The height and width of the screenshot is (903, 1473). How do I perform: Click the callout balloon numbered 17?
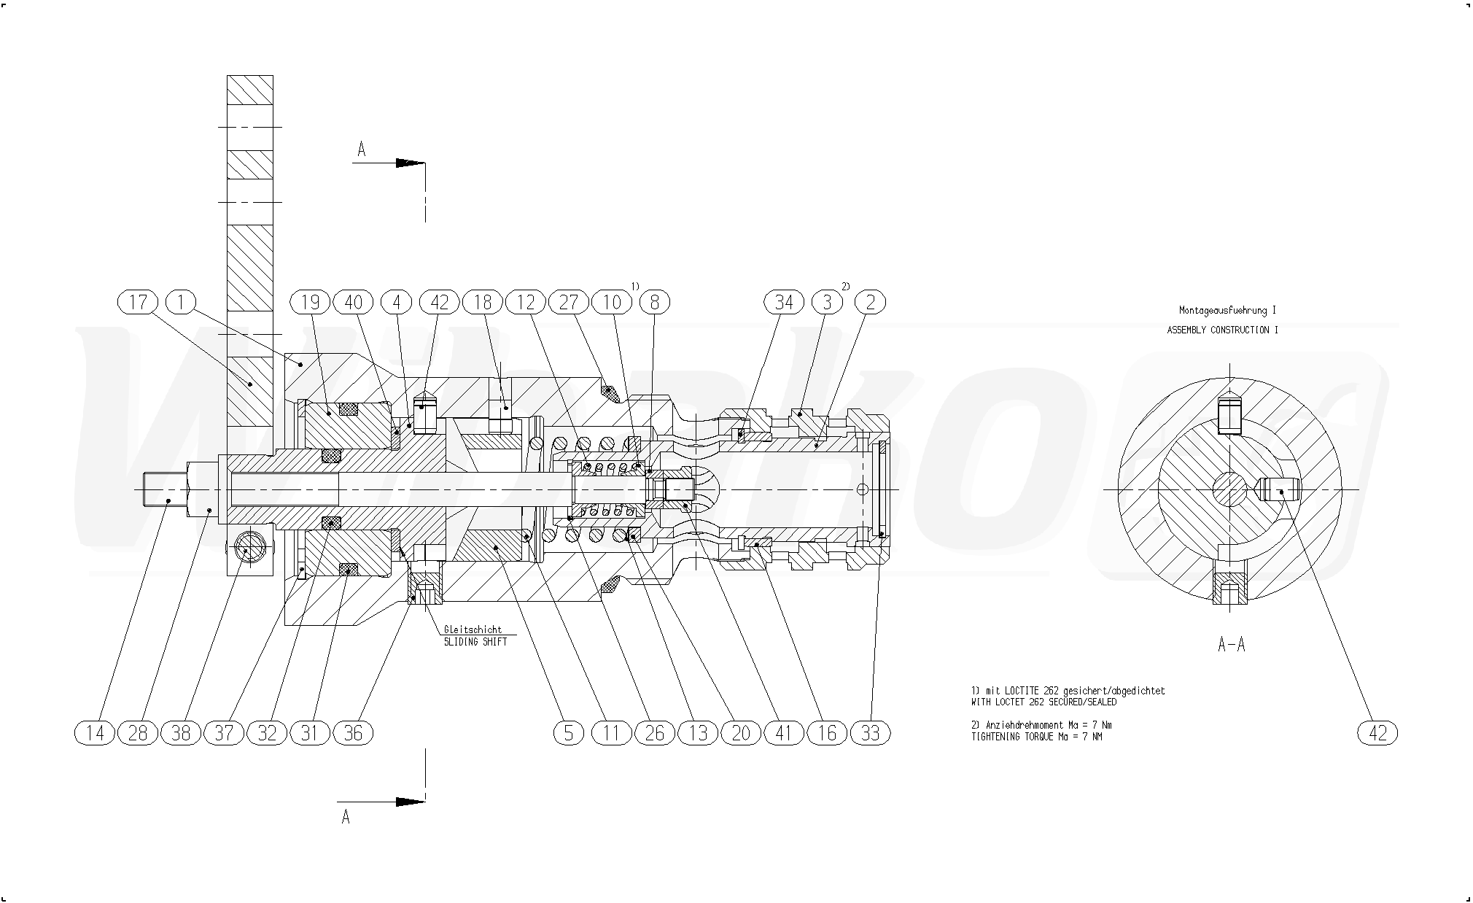(138, 302)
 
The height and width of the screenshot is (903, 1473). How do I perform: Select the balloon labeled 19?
(311, 302)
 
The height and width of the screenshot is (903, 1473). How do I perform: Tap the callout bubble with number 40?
(354, 302)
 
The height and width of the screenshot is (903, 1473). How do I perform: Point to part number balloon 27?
(569, 302)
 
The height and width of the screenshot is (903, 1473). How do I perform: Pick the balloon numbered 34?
(784, 302)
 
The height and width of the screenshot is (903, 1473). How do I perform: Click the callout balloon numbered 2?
(870, 302)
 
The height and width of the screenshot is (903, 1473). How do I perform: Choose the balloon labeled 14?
(95, 732)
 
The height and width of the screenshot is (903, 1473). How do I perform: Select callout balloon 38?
(181, 732)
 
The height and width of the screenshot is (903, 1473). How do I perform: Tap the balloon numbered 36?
(354, 732)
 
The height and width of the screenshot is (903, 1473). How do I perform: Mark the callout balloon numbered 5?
(569, 732)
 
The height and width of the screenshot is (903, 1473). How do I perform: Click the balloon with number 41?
(784, 732)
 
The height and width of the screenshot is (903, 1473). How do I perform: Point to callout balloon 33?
(871, 732)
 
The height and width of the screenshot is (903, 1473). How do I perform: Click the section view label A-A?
(1232, 644)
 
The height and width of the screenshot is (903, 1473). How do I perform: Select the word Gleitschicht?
(473, 629)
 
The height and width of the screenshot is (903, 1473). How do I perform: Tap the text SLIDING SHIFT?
(475, 641)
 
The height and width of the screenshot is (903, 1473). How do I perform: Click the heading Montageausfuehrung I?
(1228, 310)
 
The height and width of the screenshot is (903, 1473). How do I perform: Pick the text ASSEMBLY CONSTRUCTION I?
(1223, 330)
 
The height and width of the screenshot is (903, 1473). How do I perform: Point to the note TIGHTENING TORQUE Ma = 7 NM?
(1036, 737)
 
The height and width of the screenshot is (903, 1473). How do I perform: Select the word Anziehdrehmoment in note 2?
(1025, 725)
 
